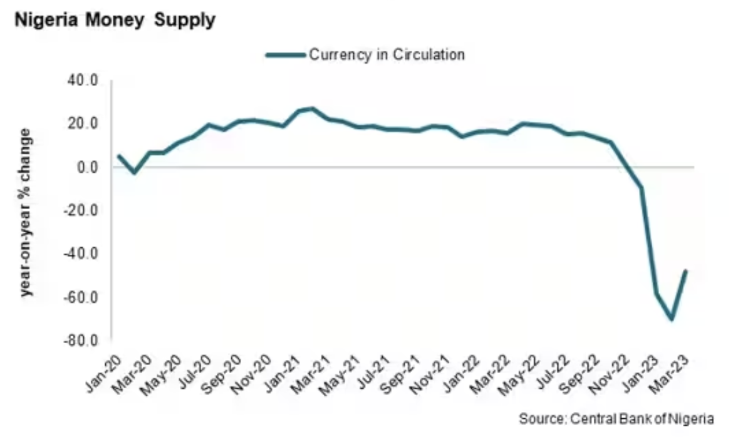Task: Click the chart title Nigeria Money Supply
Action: point(115,20)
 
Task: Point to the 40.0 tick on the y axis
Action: point(85,81)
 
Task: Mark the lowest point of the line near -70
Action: point(672,319)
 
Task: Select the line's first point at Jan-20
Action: point(119,156)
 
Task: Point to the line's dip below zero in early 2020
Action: point(134,172)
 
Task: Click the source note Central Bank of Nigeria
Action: point(616,419)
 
